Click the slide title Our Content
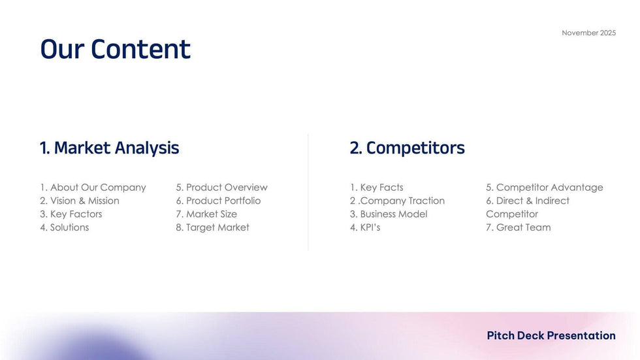[115, 50]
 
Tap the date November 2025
[588, 33]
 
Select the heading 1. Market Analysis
[109, 148]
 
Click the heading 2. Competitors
[407, 148]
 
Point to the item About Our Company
[93, 188]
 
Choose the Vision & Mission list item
[79, 201]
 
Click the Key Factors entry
[71, 214]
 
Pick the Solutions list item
[64, 227]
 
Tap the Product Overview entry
[221, 188]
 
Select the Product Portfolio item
[218, 201]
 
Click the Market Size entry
[206, 214]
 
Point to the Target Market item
[212, 227]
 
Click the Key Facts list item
[376, 188]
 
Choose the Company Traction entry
[397, 201]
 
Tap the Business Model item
[389, 214]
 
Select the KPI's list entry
[365, 227]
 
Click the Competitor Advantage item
[544, 188]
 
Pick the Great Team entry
[518, 227]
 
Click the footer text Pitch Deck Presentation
[551, 336]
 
